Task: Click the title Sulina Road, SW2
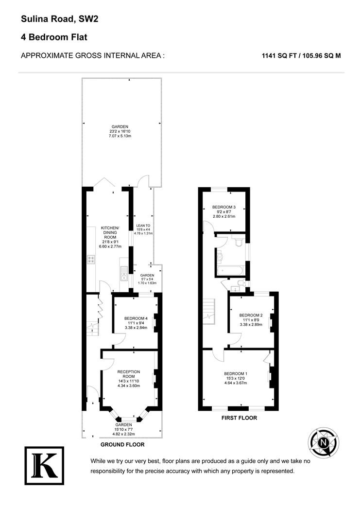(60, 19)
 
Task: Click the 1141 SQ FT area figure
(279, 56)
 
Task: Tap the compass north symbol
(323, 443)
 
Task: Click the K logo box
(44, 465)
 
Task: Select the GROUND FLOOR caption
(122, 445)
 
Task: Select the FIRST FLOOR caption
(239, 418)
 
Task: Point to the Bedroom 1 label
(236, 374)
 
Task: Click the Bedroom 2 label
(251, 315)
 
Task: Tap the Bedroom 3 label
(224, 207)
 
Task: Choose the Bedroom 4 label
(136, 318)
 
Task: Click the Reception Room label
(128, 374)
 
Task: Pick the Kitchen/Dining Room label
(110, 233)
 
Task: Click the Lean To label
(143, 226)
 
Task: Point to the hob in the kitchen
(91, 260)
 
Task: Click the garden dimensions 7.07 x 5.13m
(120, 136)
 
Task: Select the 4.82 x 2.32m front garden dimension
(123, 434)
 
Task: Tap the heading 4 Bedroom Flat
(54, 37)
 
